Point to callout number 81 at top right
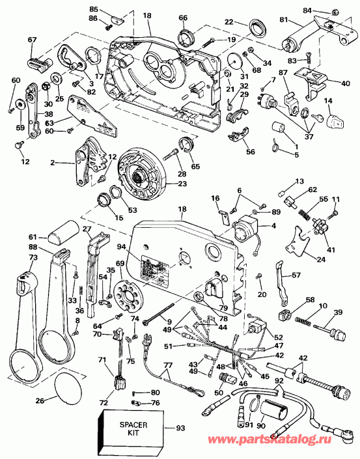click(x=283, y=20)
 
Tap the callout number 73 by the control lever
click(x=15, y=258)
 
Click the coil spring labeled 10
click(x=302, y=320)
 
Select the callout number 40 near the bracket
click(x=345, y=83)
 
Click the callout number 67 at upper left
click(x=32, y=40)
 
